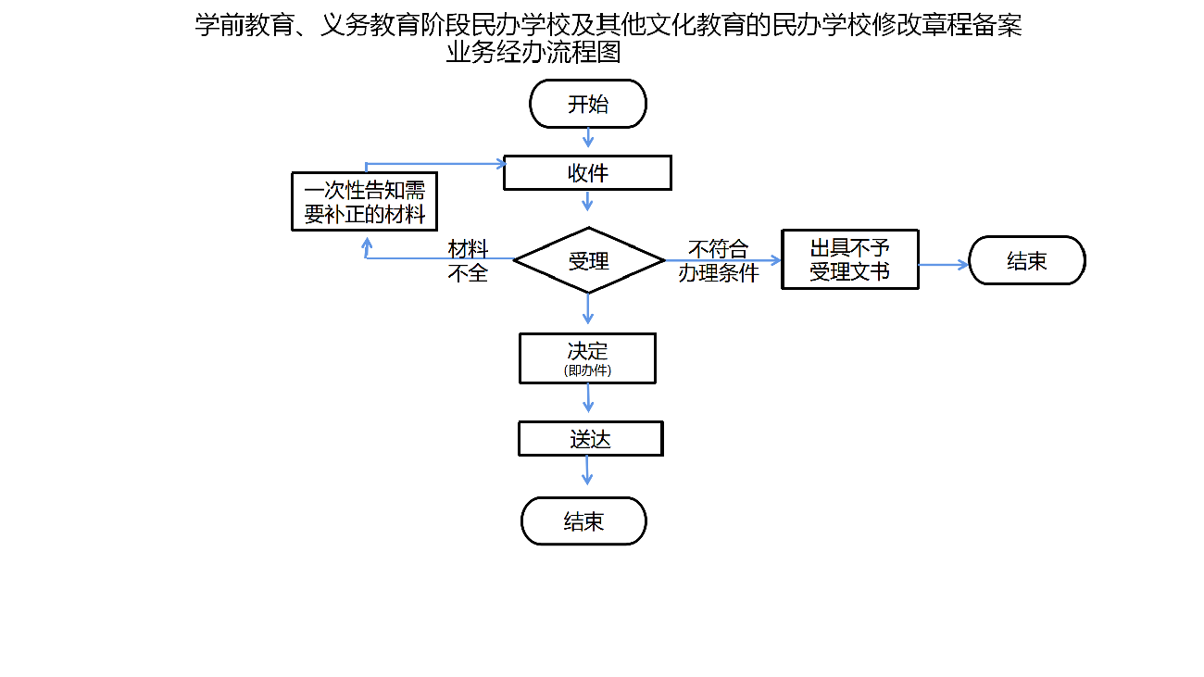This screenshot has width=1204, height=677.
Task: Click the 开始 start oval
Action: point(587,104)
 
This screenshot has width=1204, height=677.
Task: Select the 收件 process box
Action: point(587,173)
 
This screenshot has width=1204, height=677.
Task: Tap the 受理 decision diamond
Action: point(588,260)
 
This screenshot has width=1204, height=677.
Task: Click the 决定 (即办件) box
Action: point(587,357)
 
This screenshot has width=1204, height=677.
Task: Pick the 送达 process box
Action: point(590,439)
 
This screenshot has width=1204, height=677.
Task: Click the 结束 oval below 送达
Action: point(583,521)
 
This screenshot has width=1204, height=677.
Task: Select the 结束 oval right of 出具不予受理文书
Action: point(1026,260)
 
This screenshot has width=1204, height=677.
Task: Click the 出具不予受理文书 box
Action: point(849,259)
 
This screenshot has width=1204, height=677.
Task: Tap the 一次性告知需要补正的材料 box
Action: point(364,202)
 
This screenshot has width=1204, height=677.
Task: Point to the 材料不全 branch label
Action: point(468,260)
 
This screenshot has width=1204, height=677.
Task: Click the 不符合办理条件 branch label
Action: point(718,260)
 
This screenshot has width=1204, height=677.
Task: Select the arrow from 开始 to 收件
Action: point(587,137)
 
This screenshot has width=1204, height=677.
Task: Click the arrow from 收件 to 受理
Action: point(587,201)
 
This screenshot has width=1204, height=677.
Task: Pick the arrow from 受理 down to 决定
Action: point(587,308)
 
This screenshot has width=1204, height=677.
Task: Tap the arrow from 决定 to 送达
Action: point(587,398)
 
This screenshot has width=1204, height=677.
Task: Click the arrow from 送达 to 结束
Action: point(587,470)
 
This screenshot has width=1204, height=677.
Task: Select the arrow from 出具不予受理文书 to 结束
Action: point(943,264)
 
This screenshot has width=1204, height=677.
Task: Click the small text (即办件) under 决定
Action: point(587,370)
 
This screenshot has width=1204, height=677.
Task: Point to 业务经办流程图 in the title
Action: point(533,53)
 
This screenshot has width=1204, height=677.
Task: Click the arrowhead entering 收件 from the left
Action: point(500,165)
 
